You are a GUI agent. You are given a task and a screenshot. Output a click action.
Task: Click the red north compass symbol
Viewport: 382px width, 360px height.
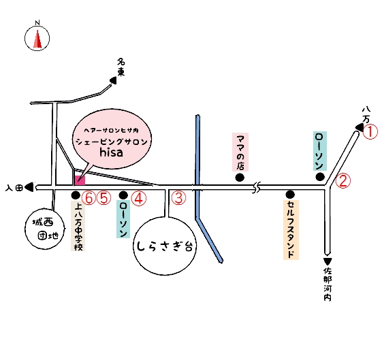pos(37,39)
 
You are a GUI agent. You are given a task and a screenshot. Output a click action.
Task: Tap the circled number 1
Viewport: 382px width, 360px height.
pos(370,132)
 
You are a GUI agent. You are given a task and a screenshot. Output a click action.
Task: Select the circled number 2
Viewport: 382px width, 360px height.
pos(343,181)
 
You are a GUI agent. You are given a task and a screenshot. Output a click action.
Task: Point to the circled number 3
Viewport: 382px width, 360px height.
pos(178,197)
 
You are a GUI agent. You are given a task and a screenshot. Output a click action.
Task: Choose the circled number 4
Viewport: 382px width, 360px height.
pos(139,198)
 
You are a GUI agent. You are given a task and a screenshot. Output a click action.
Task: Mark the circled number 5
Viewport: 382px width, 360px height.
pos(104,198)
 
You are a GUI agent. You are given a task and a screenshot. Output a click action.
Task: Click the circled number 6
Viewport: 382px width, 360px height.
pos(89,198)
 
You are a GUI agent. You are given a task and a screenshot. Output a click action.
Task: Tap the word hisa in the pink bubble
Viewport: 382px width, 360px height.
pos(111,152)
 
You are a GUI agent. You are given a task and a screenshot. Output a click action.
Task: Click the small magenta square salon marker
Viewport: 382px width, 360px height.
pos(80,180)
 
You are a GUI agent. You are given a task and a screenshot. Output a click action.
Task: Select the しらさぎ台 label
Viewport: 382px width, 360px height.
pos(165,246)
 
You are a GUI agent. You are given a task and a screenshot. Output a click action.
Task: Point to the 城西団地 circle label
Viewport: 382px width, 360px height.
pos(45,229)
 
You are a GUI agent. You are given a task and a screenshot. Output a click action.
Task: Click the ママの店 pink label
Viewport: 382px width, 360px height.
pos(240,152)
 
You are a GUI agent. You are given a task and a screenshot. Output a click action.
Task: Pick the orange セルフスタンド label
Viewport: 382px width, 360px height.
pos(291,230)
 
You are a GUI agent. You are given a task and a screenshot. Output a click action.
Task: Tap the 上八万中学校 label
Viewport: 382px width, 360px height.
pos(78,226)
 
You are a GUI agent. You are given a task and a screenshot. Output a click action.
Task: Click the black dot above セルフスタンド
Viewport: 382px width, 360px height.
pos(290,194)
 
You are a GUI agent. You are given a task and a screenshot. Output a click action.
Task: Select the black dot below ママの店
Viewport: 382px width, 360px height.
pos(240,177)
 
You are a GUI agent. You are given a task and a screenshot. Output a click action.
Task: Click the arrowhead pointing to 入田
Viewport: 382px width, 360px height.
pos(29,187)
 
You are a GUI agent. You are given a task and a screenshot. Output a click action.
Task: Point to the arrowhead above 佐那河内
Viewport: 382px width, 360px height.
pos(328,261)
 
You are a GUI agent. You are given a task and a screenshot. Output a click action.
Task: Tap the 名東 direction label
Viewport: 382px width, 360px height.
pos(121,67)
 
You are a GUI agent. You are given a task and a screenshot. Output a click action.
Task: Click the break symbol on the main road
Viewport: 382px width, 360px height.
pos(256,188)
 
